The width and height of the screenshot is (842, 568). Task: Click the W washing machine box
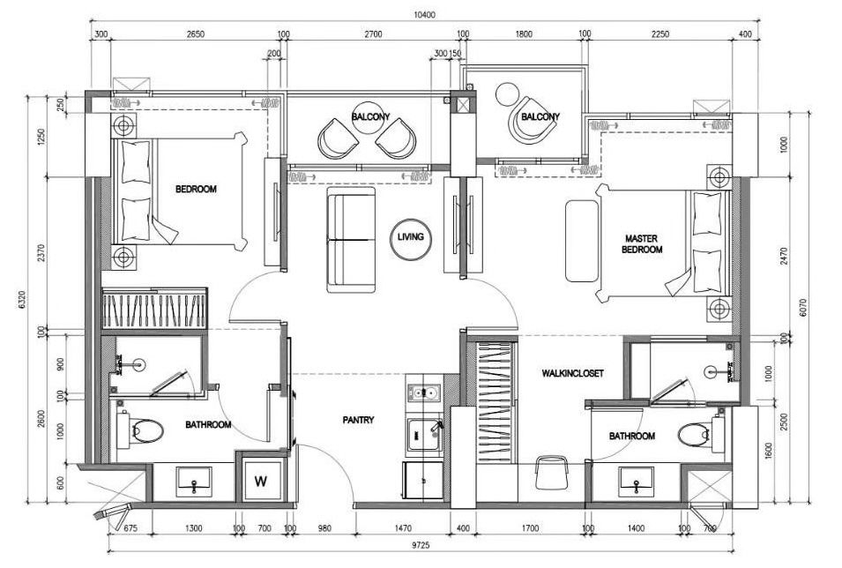point(261,481)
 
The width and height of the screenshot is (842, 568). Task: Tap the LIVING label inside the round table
point(410,236)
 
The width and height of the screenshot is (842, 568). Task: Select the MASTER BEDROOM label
point(642,244)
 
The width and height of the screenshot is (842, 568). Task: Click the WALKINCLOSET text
point(572,373)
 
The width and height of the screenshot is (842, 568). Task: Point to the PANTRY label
point(358,420)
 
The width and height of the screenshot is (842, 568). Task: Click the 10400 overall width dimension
point(425,15)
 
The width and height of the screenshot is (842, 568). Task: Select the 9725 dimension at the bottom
point(421,545)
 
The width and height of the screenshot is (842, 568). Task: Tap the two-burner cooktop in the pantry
point(424,394)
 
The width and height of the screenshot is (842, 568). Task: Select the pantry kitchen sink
point(425,435)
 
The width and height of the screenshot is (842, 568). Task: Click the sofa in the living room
point(351,240)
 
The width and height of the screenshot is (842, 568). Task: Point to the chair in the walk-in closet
point(552,473)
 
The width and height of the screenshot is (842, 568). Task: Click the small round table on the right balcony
point(506,94)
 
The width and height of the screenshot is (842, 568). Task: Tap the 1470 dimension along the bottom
point(403,529)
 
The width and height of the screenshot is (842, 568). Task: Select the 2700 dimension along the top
point(373,34)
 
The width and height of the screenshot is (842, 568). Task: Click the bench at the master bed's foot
point(582,242)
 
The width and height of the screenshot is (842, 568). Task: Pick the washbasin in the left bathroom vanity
point(194,482)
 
